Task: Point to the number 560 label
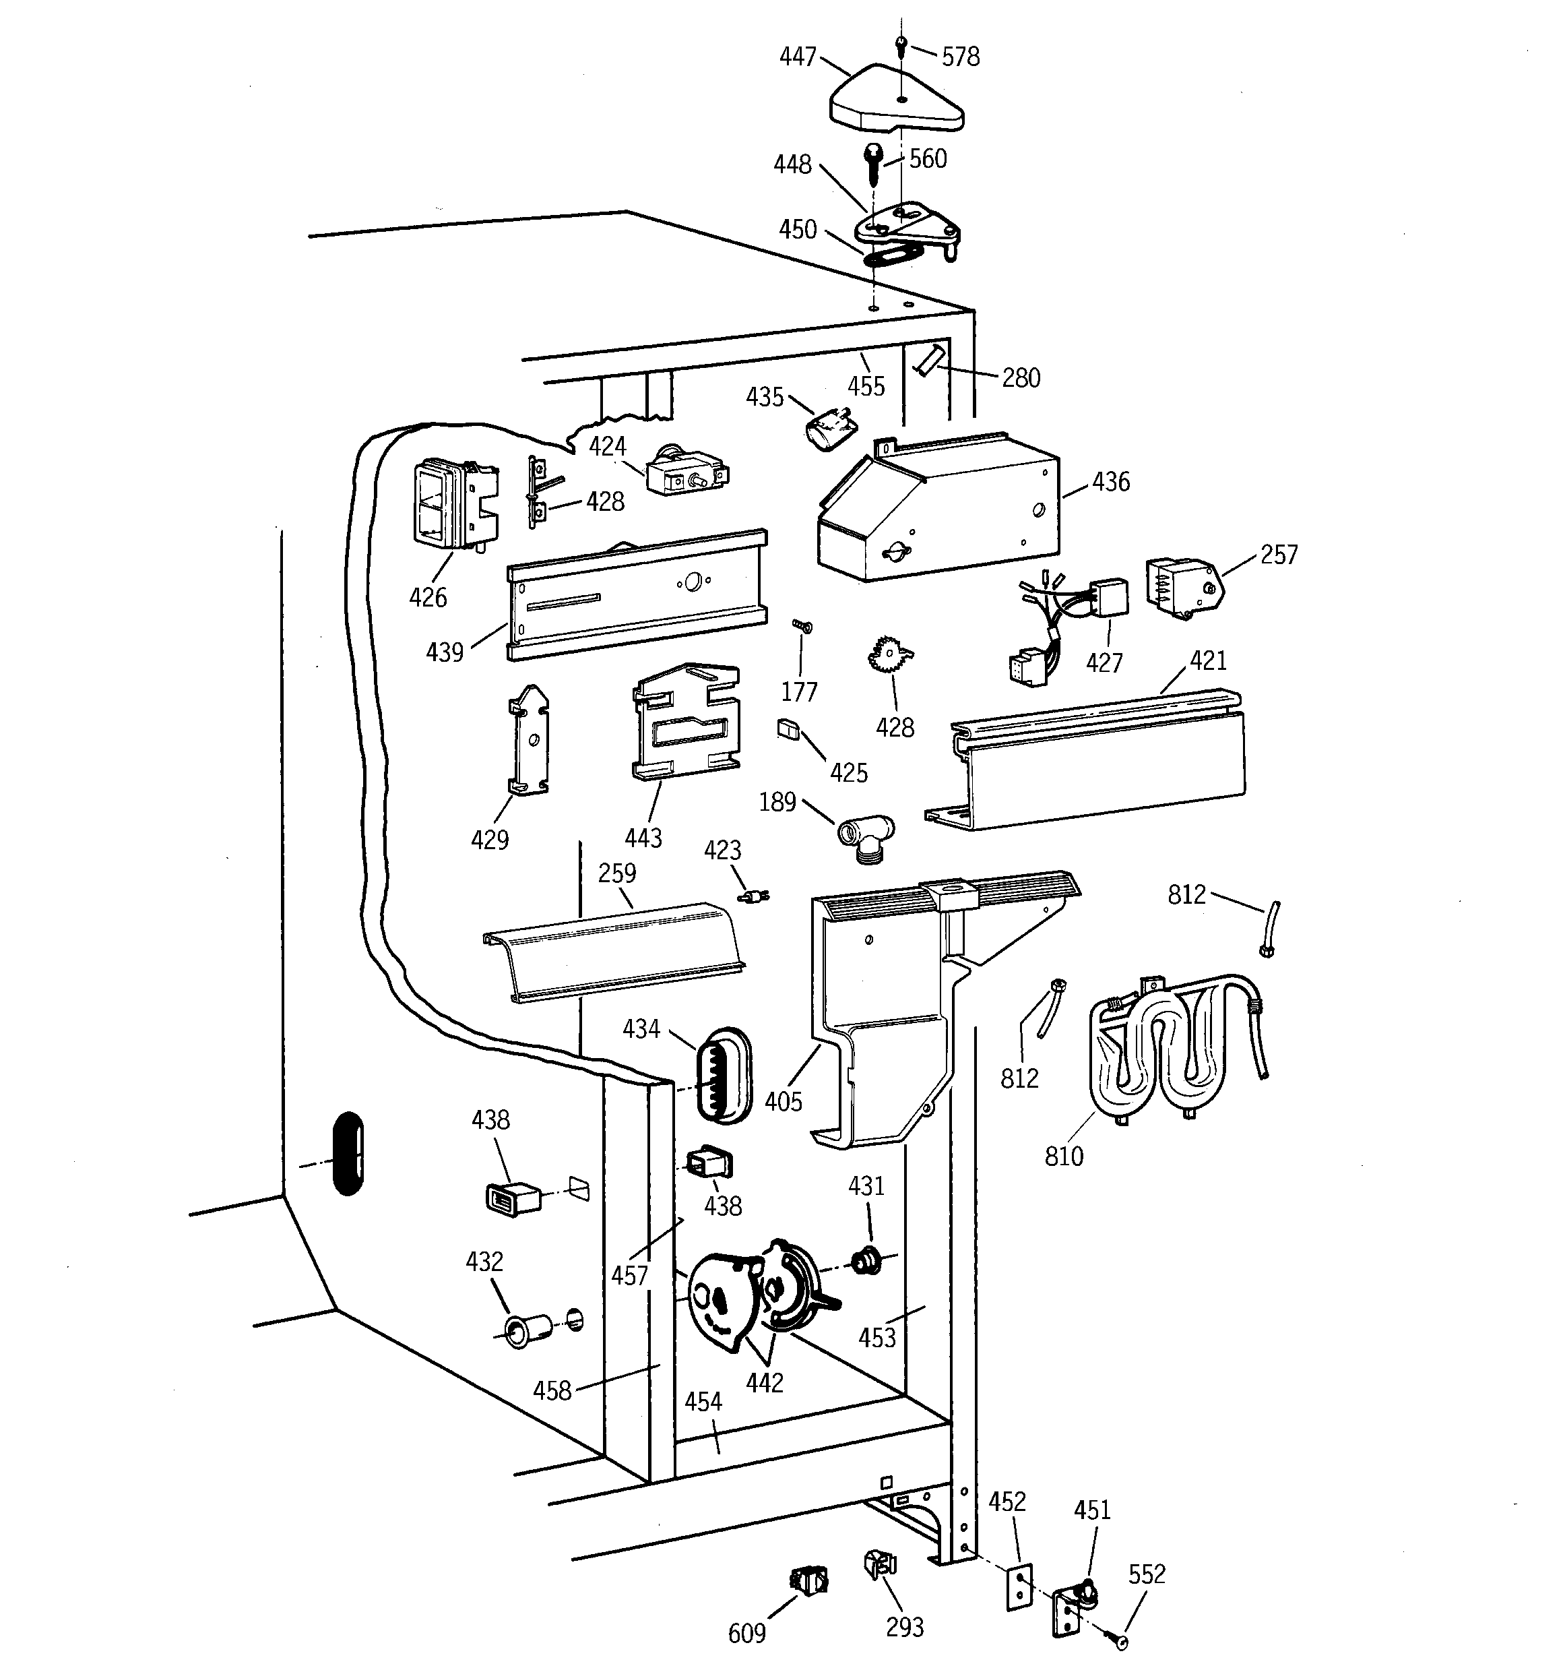928,158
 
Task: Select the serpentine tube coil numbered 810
1174,1049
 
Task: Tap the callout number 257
1279,555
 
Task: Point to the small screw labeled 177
803,626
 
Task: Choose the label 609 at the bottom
746,1633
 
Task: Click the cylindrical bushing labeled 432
527,1331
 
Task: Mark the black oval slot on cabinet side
348,1153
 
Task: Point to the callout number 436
1111,482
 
